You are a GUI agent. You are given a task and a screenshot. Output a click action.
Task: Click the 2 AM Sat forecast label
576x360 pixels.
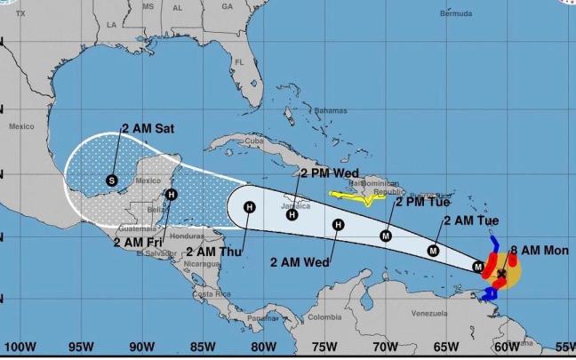tap(148, 129)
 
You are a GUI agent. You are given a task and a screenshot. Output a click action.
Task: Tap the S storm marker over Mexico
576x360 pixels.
tap(111, 180)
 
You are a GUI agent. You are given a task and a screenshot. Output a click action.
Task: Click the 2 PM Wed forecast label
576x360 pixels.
tap(329, 173)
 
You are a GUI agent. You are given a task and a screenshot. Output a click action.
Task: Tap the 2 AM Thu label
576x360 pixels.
tap(217, 252)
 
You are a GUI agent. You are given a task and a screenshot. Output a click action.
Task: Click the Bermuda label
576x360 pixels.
tap(456, 15)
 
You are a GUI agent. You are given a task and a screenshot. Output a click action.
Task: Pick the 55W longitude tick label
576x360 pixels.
tap(565, 346)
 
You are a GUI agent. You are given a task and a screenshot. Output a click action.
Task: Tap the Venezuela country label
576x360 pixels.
tap(434, 314)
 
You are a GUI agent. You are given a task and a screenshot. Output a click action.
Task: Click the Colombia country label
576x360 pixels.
tap(325, 317)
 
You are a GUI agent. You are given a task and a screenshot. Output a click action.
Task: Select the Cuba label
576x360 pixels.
tap(255, 140)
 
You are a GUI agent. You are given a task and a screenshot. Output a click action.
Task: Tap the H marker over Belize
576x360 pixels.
tap(172, 195)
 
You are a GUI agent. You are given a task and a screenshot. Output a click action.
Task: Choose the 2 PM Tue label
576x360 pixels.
tap(422, 202)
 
